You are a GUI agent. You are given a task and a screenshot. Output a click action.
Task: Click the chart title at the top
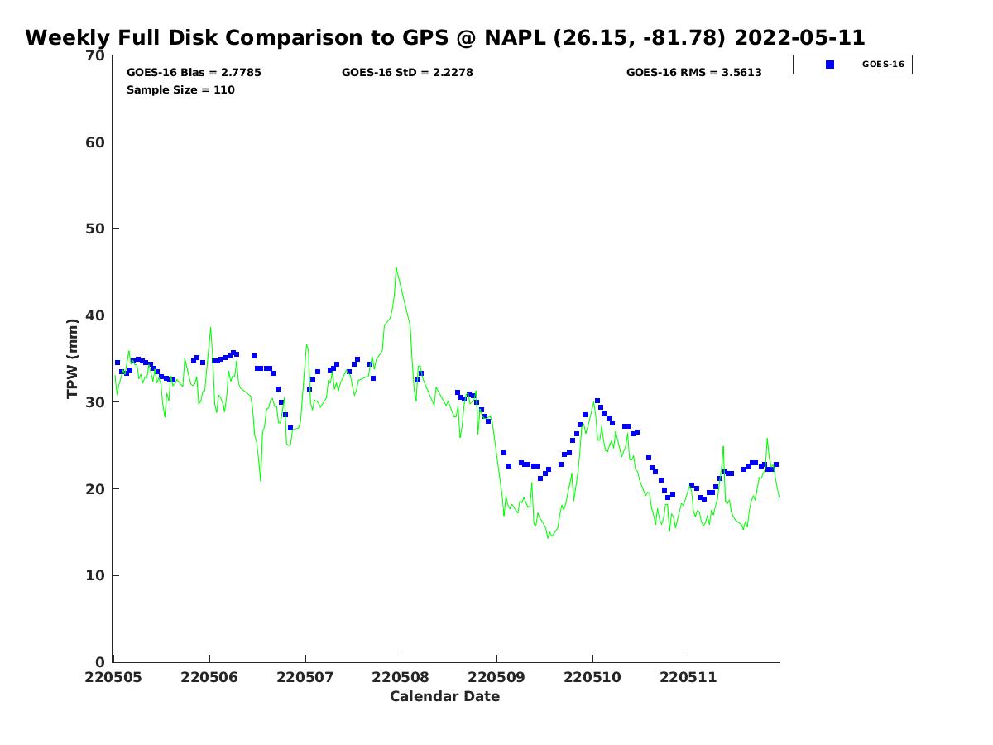coord(445,38)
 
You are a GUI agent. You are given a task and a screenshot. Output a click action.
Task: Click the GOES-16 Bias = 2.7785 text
coord(194,73)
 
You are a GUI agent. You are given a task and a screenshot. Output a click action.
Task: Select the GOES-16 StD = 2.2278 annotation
coord(407,73)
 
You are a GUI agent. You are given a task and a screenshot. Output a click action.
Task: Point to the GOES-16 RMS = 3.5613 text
coord(693,73)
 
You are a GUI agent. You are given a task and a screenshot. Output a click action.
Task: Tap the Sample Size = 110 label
coord(180,90)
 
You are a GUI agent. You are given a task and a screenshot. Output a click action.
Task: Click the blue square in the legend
coord(830,65)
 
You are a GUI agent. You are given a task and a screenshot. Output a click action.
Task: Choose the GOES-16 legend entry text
coord(883,65)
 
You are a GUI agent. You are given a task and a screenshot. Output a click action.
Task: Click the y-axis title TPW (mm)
coord(73,358)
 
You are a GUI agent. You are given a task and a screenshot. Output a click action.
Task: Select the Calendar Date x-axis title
coord(445,697)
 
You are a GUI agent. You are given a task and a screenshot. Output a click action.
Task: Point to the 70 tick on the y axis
coord(96,55)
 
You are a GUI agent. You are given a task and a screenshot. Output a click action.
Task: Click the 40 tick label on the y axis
coord(96,315)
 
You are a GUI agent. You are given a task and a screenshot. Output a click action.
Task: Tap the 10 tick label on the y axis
coord(96,575)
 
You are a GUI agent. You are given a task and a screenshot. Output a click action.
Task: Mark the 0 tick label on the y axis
coord(100,662)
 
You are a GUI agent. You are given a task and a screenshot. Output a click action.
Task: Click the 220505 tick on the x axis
coord(113,677)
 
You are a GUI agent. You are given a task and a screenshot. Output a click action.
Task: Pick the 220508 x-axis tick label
coord(401,677)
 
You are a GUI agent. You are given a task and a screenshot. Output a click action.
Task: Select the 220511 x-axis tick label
coord(688,677)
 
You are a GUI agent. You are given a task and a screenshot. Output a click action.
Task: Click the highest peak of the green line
coord(396,268)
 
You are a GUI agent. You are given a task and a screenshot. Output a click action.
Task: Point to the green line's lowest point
coord(548,538)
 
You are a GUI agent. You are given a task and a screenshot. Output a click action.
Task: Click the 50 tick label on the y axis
coord(96,228)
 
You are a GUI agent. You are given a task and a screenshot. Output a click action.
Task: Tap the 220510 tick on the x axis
coord(592,677)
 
